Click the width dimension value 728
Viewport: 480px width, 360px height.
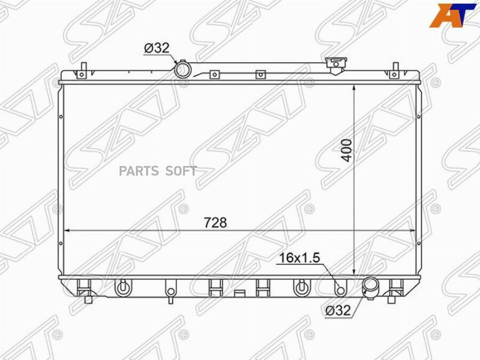[215, 222]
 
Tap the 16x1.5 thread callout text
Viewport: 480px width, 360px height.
[299, 258]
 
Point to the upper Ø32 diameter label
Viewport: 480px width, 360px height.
[156, 48]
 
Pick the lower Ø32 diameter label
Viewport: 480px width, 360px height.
[338, 310]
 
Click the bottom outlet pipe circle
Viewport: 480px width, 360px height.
[370, 286]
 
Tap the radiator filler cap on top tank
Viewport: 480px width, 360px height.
[335, 64]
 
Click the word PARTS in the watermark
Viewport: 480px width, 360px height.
[139, 171]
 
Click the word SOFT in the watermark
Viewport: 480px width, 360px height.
[181, 171]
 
